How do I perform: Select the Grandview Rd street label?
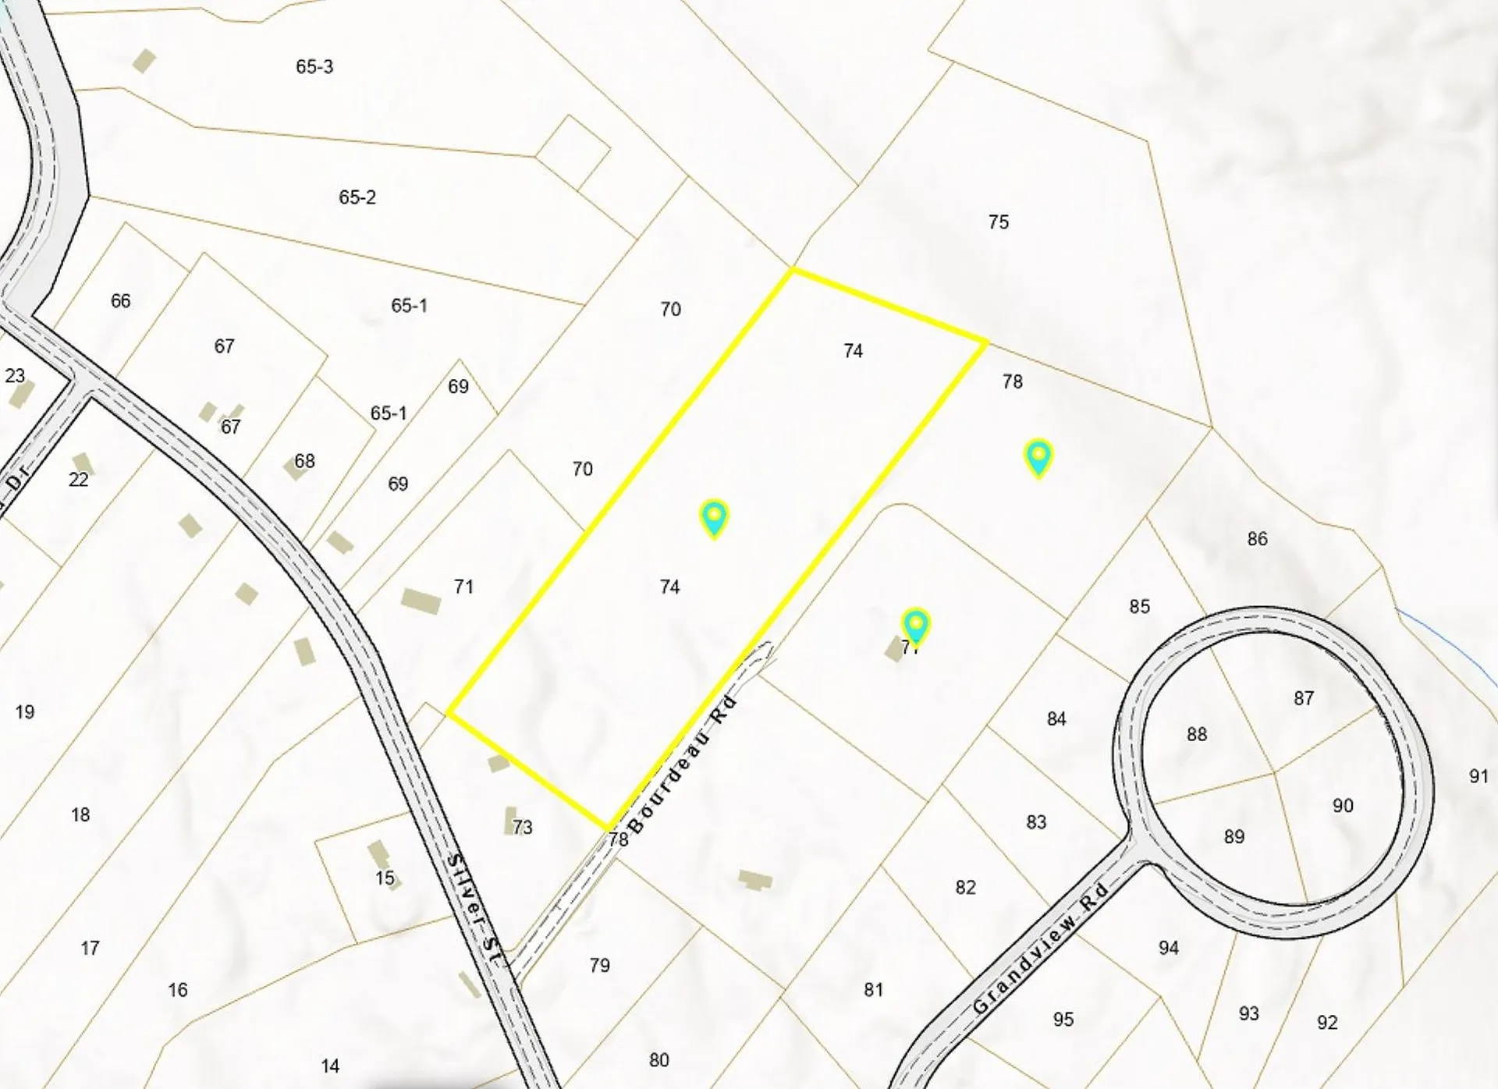(x=1040, y=949)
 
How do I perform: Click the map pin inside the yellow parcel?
(x=714, y=517)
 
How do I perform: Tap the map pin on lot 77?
(x=915, y=626)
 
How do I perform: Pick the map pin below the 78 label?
(x=1038, y=457)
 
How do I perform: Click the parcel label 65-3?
(x=314, y=67)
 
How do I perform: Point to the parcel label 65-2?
(x=357, y=197)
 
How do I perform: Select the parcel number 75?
(x=999, y=222)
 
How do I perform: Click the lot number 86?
(x=1257, y=539)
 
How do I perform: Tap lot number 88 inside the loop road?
(x=1197, y=734)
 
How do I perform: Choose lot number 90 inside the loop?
(x=1343, y=806)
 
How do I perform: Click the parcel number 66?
(x=121, y=301)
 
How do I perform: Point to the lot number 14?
(x=330, y=1066)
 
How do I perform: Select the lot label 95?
(x=1063, y=1020)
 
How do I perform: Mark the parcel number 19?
(x=25, y=712)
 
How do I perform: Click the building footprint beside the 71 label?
(x=421, y=601)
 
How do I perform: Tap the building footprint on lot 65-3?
(x=144, y=60)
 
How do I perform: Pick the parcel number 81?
(x=874, y=990)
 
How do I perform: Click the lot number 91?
(x=1478, y=776)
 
